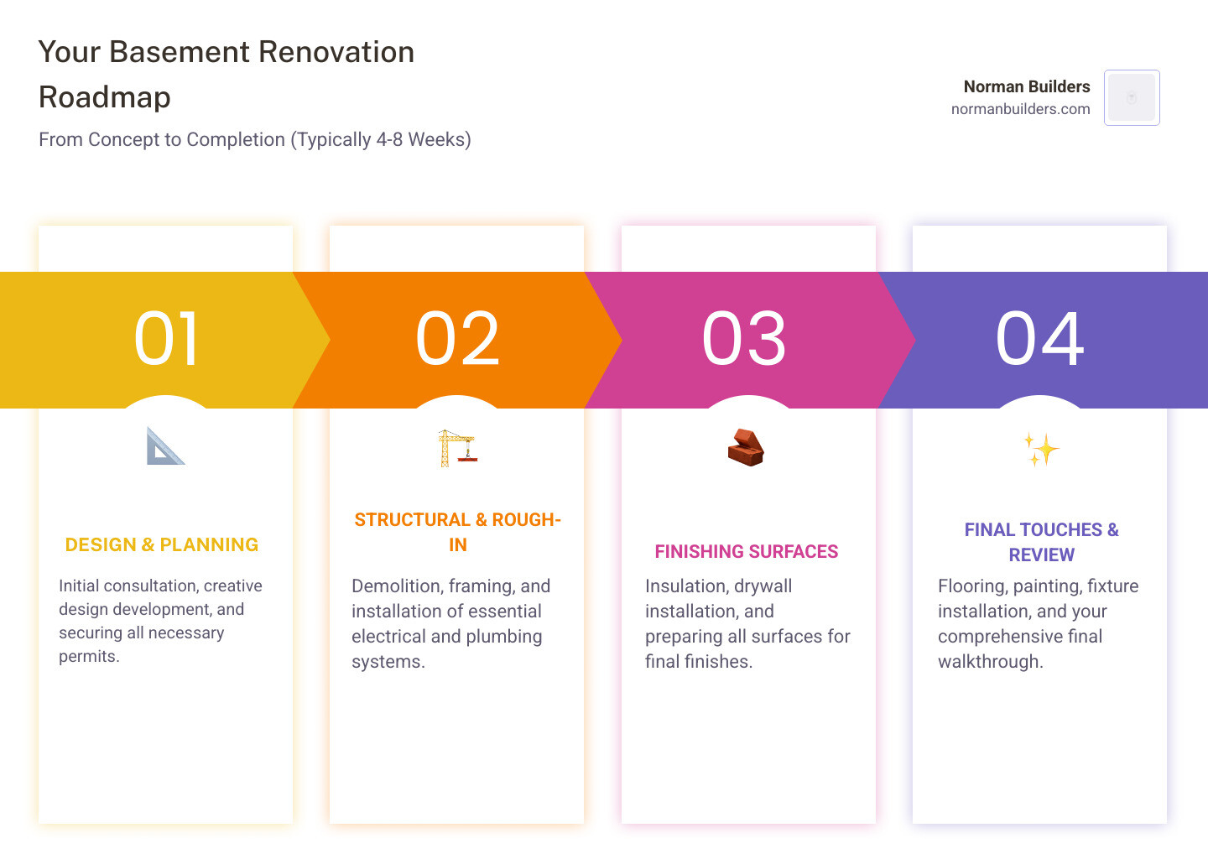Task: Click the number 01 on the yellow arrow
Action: tap(166, 339)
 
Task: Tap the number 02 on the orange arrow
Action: tap(457, 339)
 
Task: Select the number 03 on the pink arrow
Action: tap(743, 339)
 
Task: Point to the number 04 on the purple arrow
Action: tap(1039, 339)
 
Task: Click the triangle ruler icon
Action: tap(165, 446)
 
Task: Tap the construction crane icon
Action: tap(457, 448)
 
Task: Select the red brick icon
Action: tap(746, 447)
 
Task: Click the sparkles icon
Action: tap(1041, 449)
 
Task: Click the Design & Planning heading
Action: tap(162, 544)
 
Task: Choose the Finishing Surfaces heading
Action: tap(747, 551)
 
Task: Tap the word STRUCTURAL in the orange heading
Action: tap(413, 519)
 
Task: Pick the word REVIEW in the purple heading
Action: tap(1041, 554)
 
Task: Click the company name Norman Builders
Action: tap(1027, 86)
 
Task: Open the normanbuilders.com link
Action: tap(1020, 109)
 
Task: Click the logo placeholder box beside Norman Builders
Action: tap(1132, 97)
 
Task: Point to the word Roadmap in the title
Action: tap(105, 97)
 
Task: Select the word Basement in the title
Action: tap(180, 52)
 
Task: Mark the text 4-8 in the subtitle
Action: tap(389, 139)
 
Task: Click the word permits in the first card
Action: tap(89, 657)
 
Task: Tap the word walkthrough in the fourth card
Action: tap(991, 662)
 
